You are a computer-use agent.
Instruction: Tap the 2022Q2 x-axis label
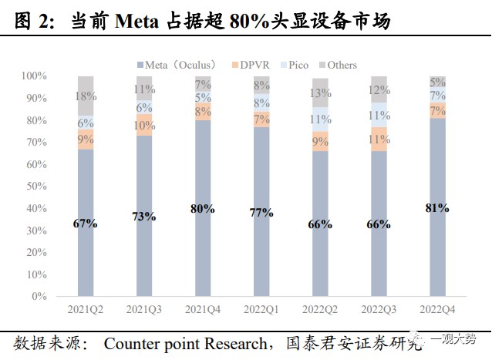coord(319,309)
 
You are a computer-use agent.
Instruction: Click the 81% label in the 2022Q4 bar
coord(436,207)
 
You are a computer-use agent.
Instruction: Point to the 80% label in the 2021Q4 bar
coord(203,209)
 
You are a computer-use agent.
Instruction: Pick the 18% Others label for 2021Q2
coord(85,96)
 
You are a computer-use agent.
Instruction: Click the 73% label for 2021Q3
coord(143,217)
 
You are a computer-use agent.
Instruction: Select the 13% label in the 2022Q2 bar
coord(319,93)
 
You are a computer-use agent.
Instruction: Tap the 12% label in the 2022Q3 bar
coord(379,90)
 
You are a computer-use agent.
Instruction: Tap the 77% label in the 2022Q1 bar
coord(261,212)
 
